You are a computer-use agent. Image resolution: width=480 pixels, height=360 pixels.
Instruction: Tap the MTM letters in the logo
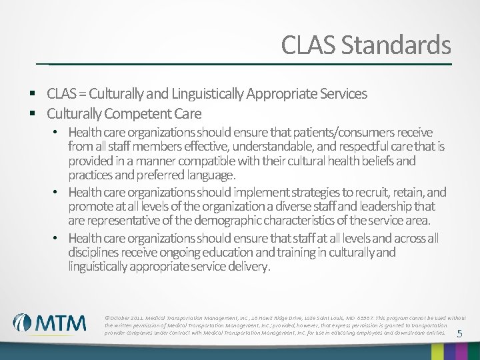pos(61,323)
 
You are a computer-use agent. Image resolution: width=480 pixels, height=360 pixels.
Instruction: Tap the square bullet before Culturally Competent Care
pos(32,113)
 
